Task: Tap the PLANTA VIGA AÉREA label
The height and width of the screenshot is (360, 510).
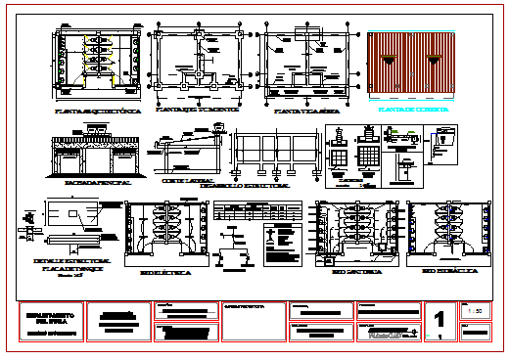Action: pyautogui.click(x=306, y=112)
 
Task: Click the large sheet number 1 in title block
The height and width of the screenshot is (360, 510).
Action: pyautogui.click(x=440, y=319)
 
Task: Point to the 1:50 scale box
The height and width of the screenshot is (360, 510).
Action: pyautogui.click(x=477, y=311)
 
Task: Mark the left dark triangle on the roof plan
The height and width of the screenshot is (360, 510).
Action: pyautogui.click(x=390, y=62)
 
